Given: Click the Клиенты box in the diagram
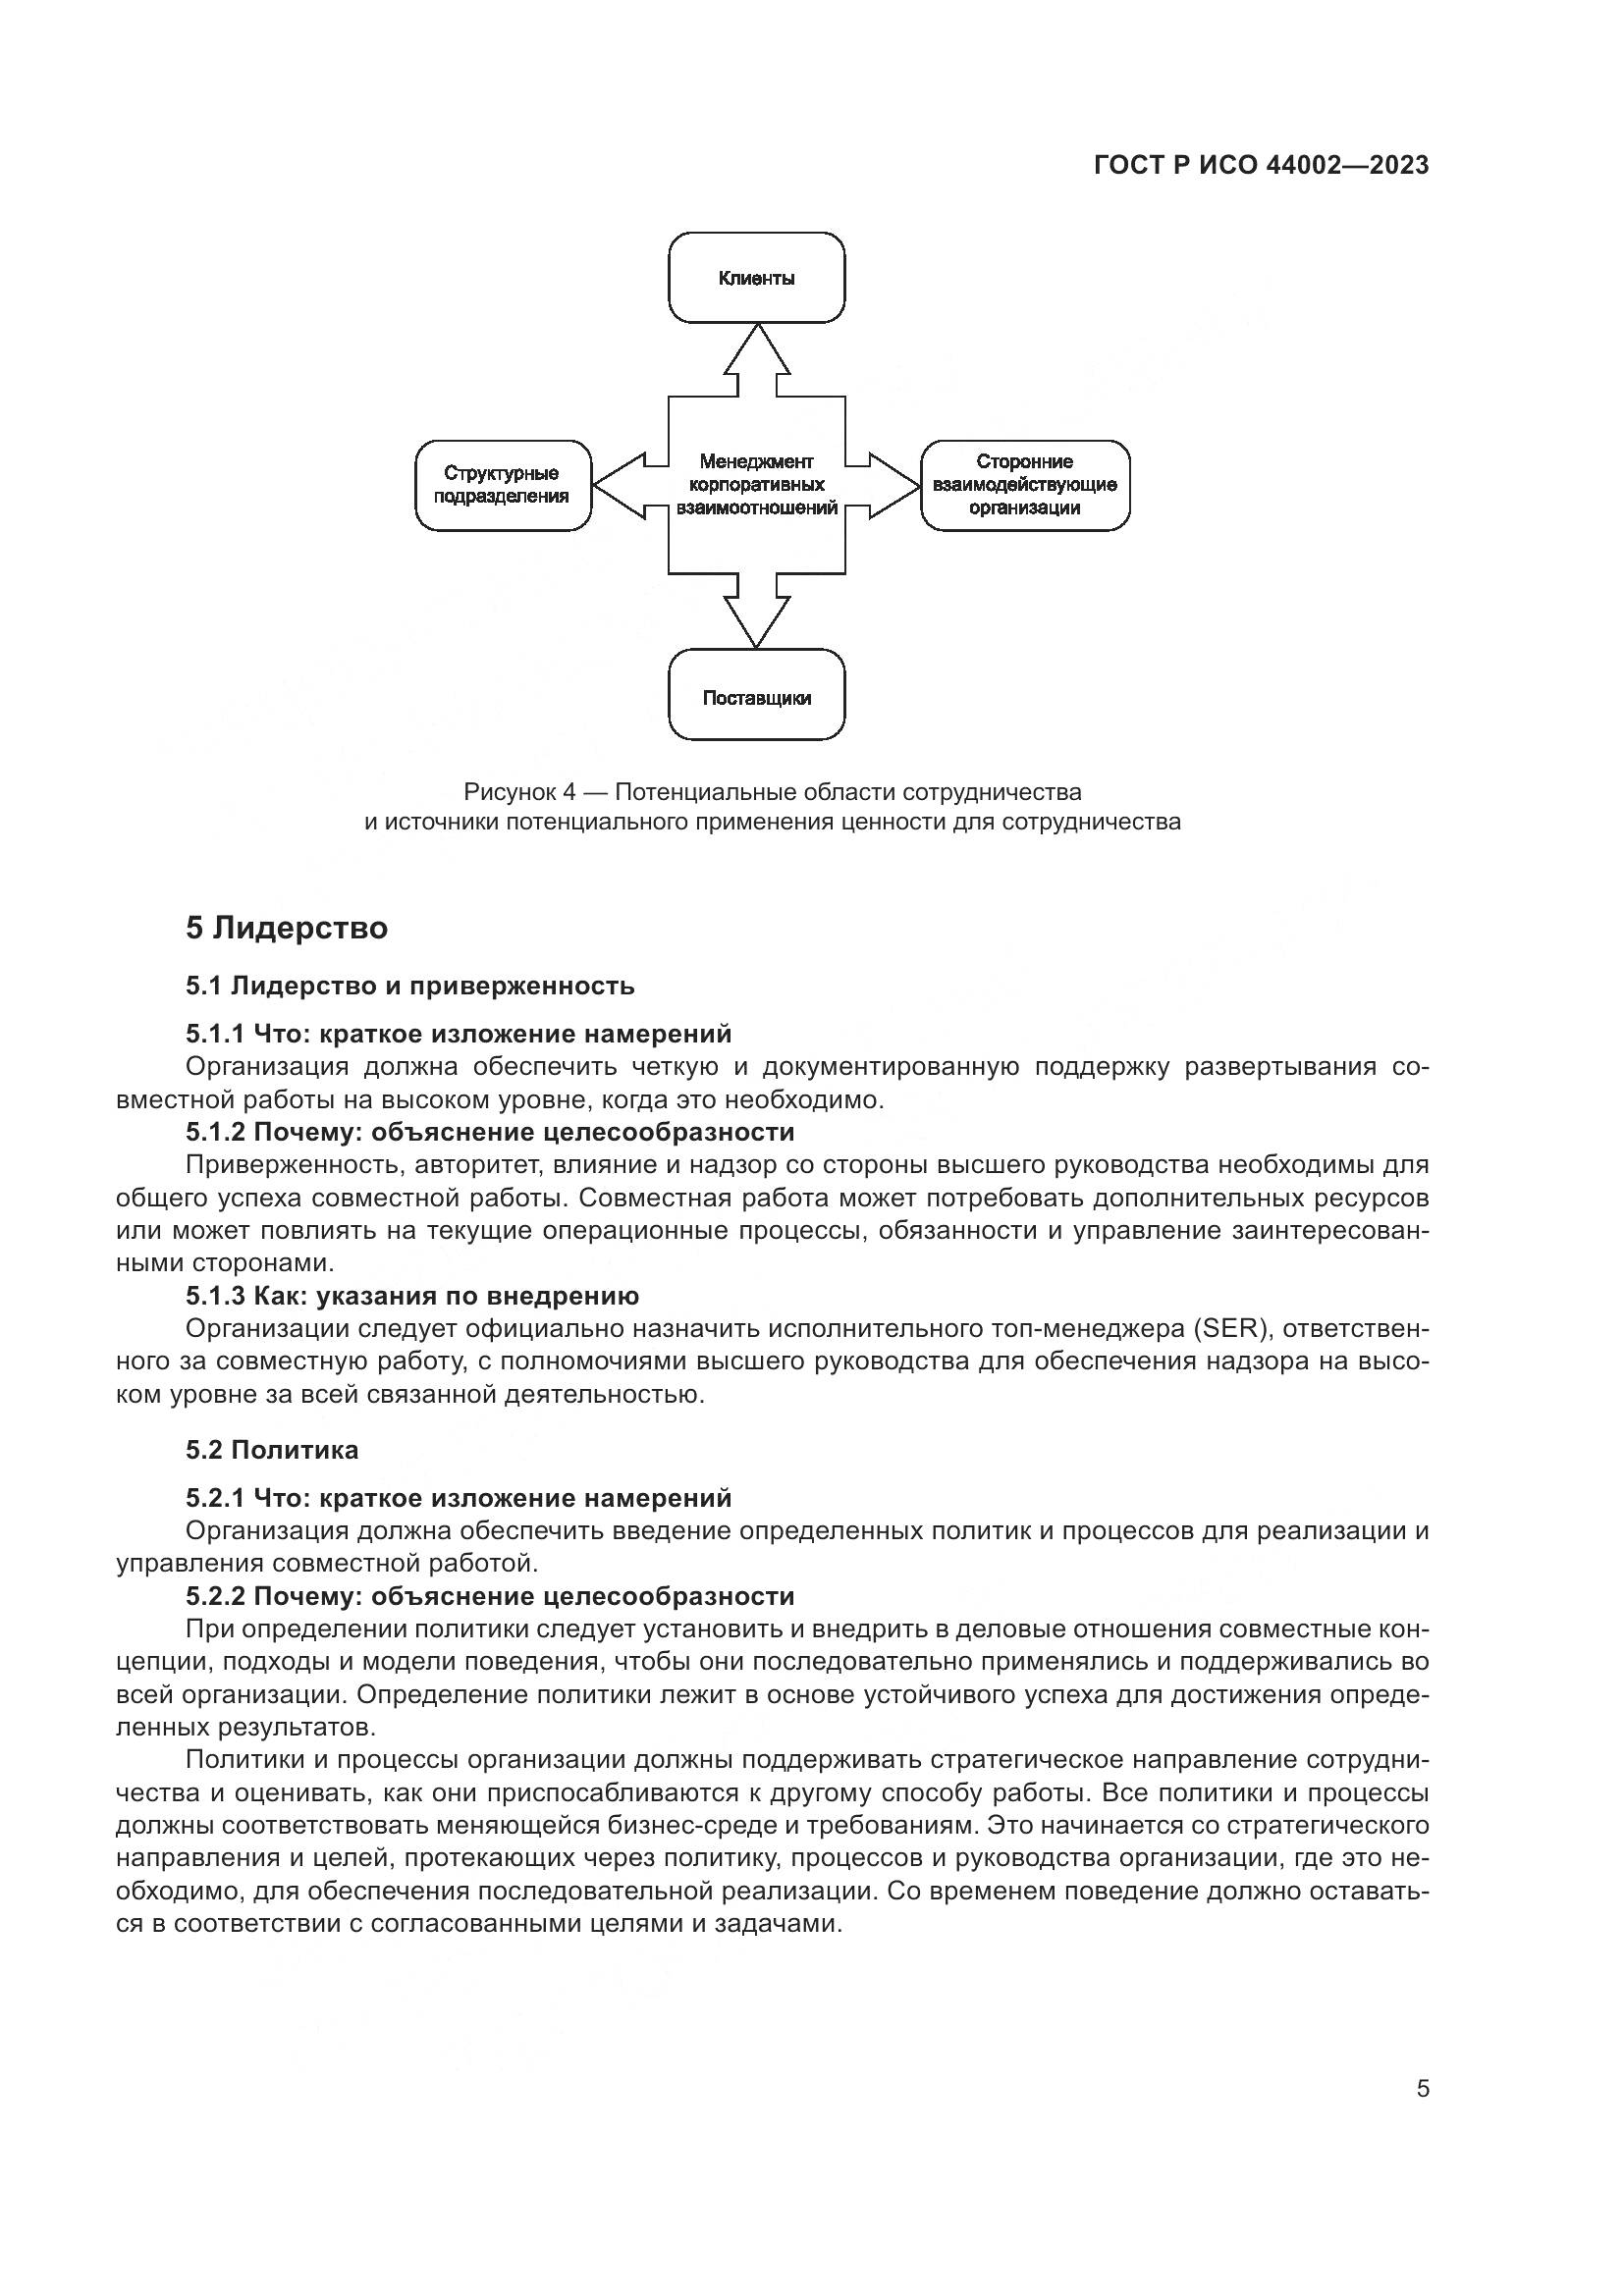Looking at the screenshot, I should pos(756,278).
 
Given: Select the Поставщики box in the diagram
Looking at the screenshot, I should pos(756,698).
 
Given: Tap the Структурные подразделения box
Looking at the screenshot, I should pos(502,485).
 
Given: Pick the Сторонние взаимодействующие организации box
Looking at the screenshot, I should pos(1025,485).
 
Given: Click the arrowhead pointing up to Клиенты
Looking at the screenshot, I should pos(757,349).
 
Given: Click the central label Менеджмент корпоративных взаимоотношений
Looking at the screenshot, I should pos(757,485).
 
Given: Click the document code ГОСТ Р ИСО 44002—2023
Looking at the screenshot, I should pos(1262,166).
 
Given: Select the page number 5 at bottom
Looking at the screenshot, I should pos(1423,2089).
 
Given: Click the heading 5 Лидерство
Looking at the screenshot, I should pos(287,928).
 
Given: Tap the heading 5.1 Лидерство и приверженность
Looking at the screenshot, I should pos(410,986).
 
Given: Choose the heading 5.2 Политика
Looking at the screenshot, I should pos(272,1450).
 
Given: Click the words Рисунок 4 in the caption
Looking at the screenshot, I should pos(520,792).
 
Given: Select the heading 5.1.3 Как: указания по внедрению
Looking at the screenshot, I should pos(412,1296).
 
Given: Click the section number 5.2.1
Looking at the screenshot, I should pos(215,1498).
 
